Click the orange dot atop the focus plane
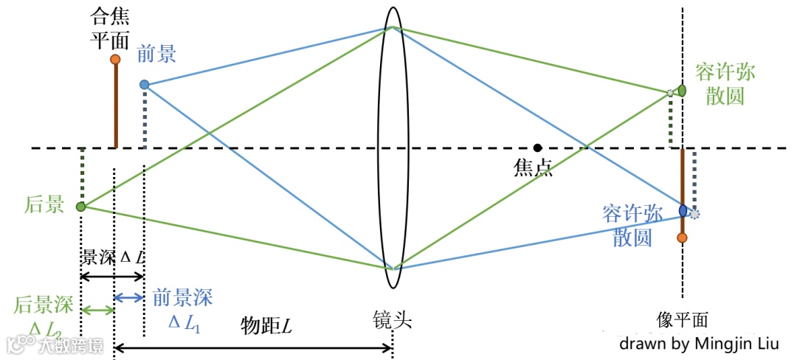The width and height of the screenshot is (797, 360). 115,59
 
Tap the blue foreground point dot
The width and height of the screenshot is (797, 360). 144,85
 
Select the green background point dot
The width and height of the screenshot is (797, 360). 81,207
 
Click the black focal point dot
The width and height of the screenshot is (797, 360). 538,148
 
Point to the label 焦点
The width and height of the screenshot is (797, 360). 533,168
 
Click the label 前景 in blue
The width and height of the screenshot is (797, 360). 156,55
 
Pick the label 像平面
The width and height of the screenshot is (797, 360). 682,320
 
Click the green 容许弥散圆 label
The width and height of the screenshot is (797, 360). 725,83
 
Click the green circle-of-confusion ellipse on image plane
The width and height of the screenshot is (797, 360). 682,90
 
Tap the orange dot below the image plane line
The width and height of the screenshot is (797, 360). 682,238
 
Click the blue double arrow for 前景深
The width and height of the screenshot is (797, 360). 129,297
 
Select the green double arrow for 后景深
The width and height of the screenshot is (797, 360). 97,310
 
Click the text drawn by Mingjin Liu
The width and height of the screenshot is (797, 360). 699,343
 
